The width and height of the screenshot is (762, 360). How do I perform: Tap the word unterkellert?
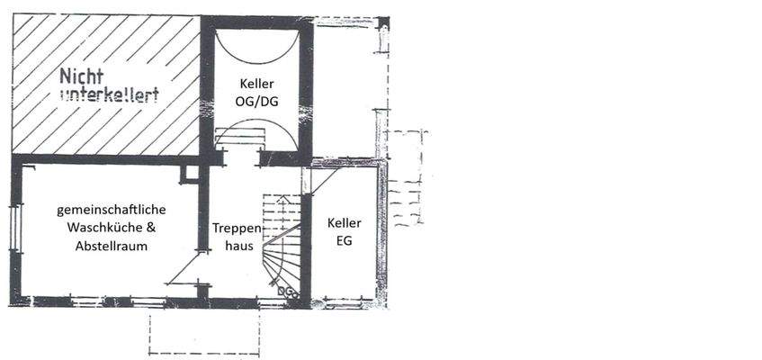point(109,94)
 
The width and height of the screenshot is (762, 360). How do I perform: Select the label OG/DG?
point(256,101)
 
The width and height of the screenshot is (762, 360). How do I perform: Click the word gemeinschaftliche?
point(112,210)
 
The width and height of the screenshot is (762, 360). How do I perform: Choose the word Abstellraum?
point(112,245)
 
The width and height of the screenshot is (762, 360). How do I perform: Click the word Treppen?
point(238,229)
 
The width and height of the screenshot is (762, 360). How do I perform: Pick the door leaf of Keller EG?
point(323,181)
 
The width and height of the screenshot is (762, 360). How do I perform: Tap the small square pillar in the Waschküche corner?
point(189,175)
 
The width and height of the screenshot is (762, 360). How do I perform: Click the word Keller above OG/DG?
point(256,85)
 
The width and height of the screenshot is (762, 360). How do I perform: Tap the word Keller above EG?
point(345,223)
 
